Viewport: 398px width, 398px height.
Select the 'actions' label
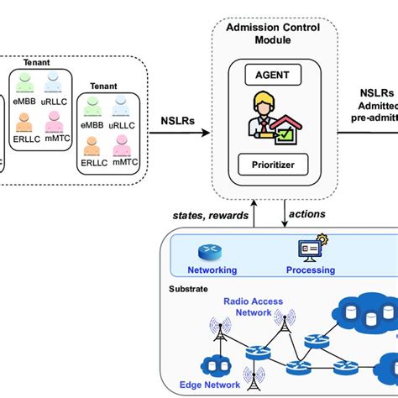[x=307, y=214]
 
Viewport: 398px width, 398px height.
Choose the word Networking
[x=212, y=270]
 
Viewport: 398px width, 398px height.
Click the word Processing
[x=311, y=270]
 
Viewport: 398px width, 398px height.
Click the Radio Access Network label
[x=248, y=306]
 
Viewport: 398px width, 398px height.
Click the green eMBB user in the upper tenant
[x=26, y=81]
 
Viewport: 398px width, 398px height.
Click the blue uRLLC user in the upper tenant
[x=55, y=81]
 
